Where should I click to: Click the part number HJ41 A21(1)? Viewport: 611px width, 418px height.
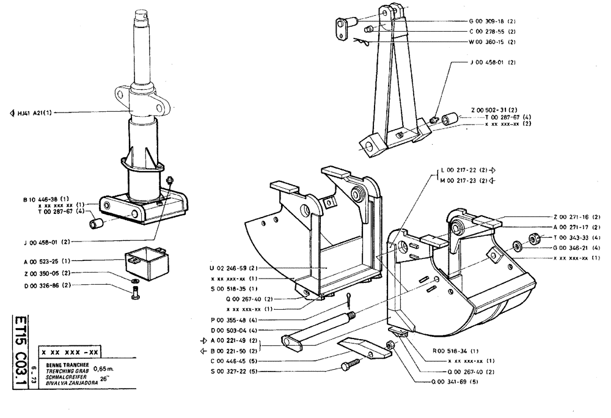click(x=34, y=112)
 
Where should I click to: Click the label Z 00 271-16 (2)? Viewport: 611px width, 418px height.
click(x=577, y=217)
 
